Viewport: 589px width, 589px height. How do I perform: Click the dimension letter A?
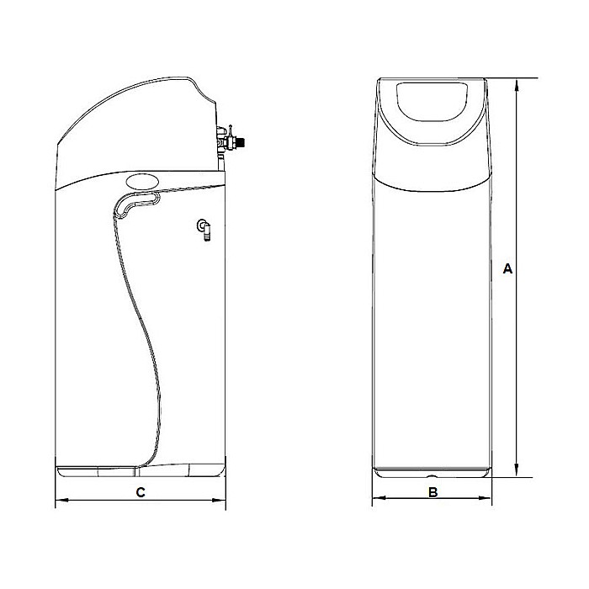click(x=507, y=269)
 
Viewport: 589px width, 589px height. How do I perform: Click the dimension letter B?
click(x=432, y=492)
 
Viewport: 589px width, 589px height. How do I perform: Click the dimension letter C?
click(x=141, y=492)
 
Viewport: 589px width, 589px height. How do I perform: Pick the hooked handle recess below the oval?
click(x=135, y=201)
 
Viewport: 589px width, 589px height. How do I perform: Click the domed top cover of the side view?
click(x=135, y=126)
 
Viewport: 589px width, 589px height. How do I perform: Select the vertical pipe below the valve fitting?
click(x=220, y=160)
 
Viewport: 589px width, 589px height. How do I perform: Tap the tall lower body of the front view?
click(x=432, y=320)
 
